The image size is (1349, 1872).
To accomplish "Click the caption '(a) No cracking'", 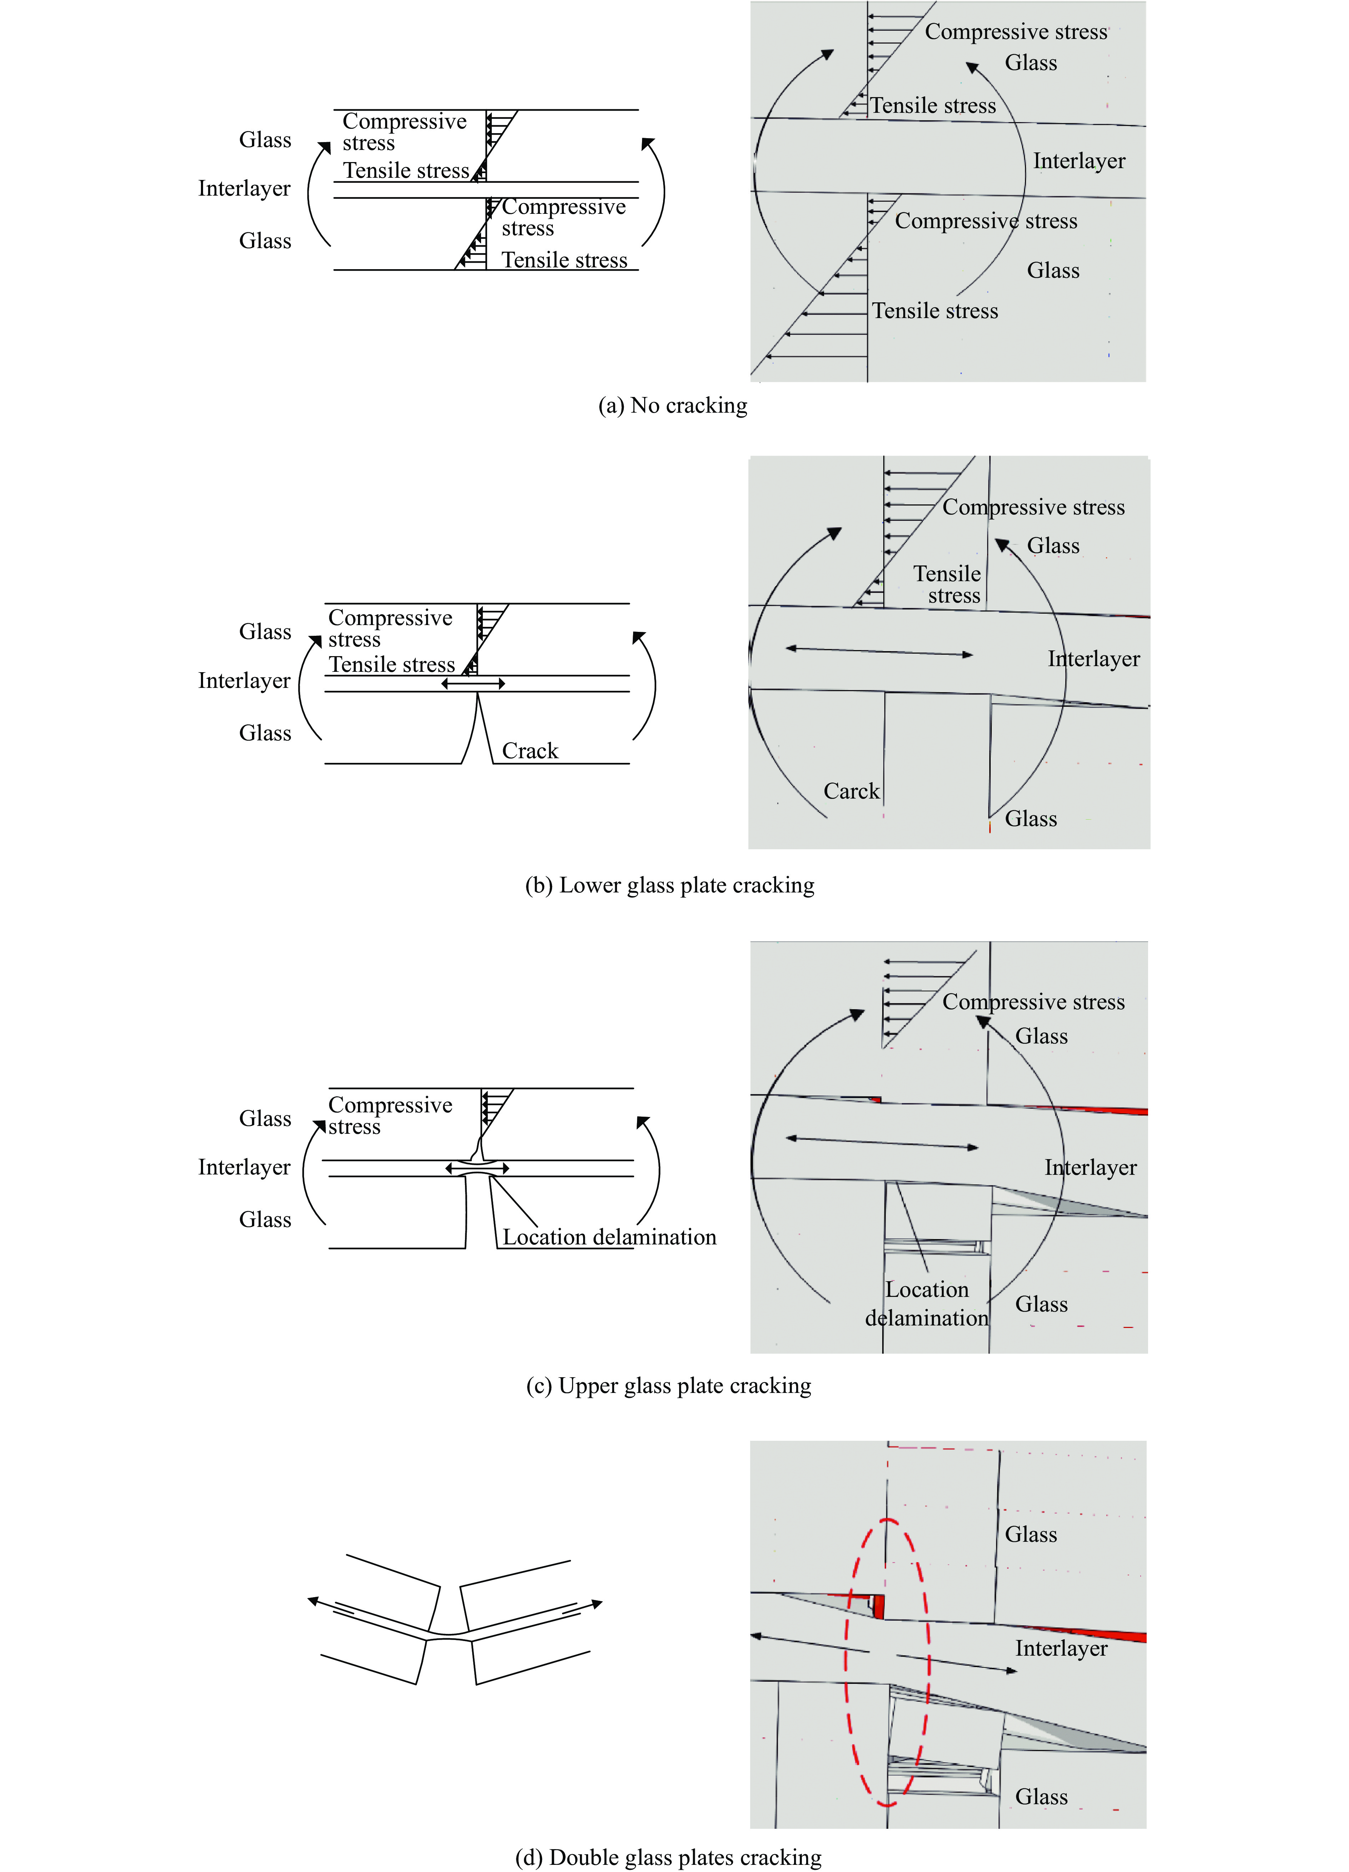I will pyautogui.click(x=672, y=405).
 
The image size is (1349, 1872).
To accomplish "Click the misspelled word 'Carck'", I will pyautogui.click(x=851, y=791).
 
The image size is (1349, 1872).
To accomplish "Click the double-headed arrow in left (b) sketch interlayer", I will pyautogui.click(x=473, y=683).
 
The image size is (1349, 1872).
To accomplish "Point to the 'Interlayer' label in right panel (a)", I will pyautogui.click(x=1078, y=161).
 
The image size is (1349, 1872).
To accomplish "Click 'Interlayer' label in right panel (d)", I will pyautogui.click(x=1061, y=1648).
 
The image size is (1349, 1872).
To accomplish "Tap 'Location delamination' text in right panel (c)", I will pyautogui.click(x=926, y=1303).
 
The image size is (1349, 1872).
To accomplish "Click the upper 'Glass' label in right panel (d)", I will pyautogui.click(x=1031, y=1534).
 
